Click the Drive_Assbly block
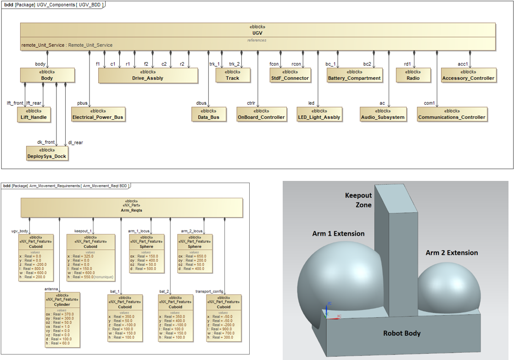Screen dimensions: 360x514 [148, 75]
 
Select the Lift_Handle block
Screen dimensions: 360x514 [34, 114]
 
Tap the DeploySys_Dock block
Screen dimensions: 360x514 [47, 153]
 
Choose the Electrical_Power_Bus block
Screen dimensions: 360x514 [98, 114]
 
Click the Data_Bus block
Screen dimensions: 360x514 [208, 114]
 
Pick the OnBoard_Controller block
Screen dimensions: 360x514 [262, 114]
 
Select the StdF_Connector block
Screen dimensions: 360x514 [290, 75]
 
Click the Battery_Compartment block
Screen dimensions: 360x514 [354, 75]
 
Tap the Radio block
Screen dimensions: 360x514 [413, 75]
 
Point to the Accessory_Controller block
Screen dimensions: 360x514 [468, 75]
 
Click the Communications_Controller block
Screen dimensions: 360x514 [452, 114]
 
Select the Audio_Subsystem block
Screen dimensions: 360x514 [383, 114]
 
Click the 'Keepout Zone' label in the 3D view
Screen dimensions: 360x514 [358, 200]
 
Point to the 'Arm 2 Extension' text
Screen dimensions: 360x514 [452, 253]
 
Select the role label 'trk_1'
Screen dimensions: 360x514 [215, 64]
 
